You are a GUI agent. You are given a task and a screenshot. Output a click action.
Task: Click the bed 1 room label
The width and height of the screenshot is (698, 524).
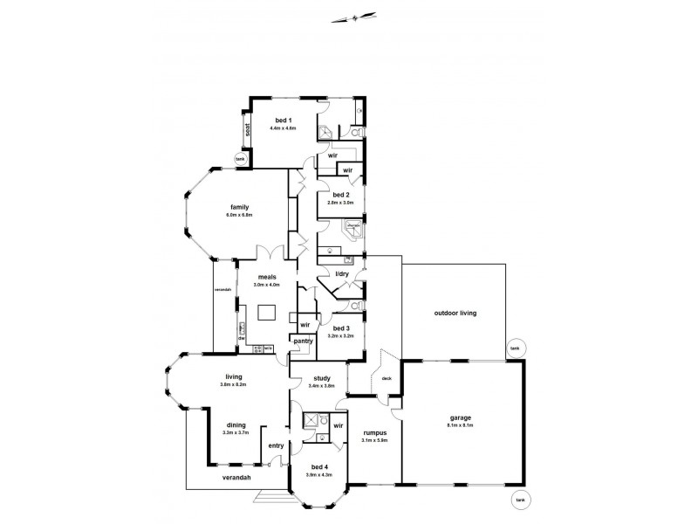[x=284, y=120]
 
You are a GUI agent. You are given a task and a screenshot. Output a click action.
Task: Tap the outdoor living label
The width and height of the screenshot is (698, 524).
[x=456, y=313]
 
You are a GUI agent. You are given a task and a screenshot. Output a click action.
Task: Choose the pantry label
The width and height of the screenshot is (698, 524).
[x=303, y=341]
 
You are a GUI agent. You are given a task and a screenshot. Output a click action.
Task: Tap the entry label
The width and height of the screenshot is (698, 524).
[x=276, y=446]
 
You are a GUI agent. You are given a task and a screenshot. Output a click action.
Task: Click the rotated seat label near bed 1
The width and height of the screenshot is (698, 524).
[x=248, y=132]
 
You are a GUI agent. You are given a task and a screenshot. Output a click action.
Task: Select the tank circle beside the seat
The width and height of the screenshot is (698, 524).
[x=240, y=159]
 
